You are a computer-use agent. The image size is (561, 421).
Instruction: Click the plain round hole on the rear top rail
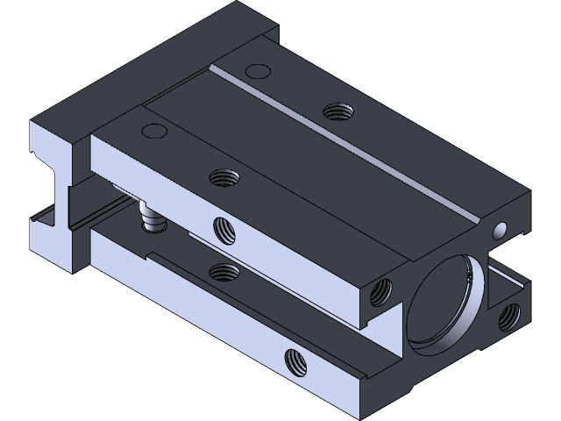click(x=257, y=70)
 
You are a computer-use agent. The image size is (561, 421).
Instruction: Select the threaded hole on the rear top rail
click(x=335, y=111)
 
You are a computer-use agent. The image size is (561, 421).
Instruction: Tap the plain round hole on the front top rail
click(x=153, y=132)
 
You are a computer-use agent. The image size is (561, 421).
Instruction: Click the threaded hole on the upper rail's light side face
click(x=226, y=230)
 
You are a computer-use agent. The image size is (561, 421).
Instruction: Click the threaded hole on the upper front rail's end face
click(x=380, y=291)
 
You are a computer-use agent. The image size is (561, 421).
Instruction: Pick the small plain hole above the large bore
click(x=500, y=230)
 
